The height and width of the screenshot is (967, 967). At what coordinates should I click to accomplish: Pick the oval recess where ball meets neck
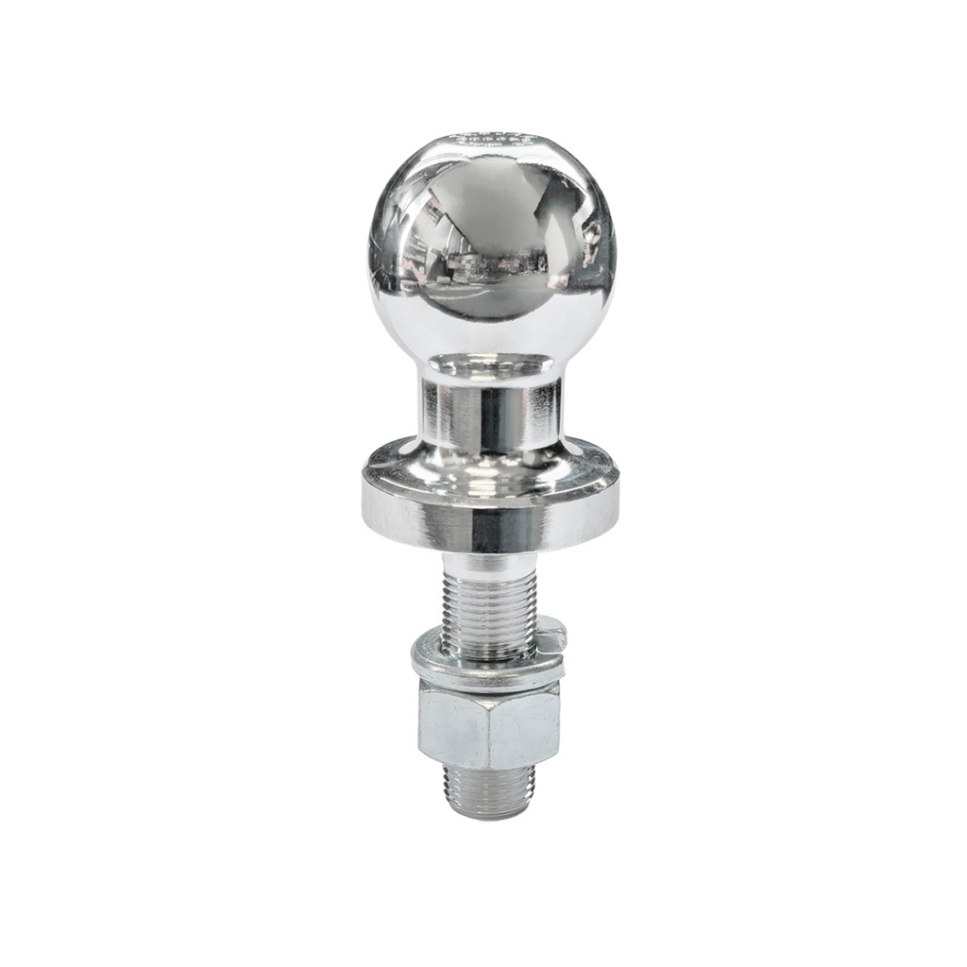490,364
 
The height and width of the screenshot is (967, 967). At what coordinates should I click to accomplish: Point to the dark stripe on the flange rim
491,529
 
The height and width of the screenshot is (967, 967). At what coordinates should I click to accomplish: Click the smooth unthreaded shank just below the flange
487,565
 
